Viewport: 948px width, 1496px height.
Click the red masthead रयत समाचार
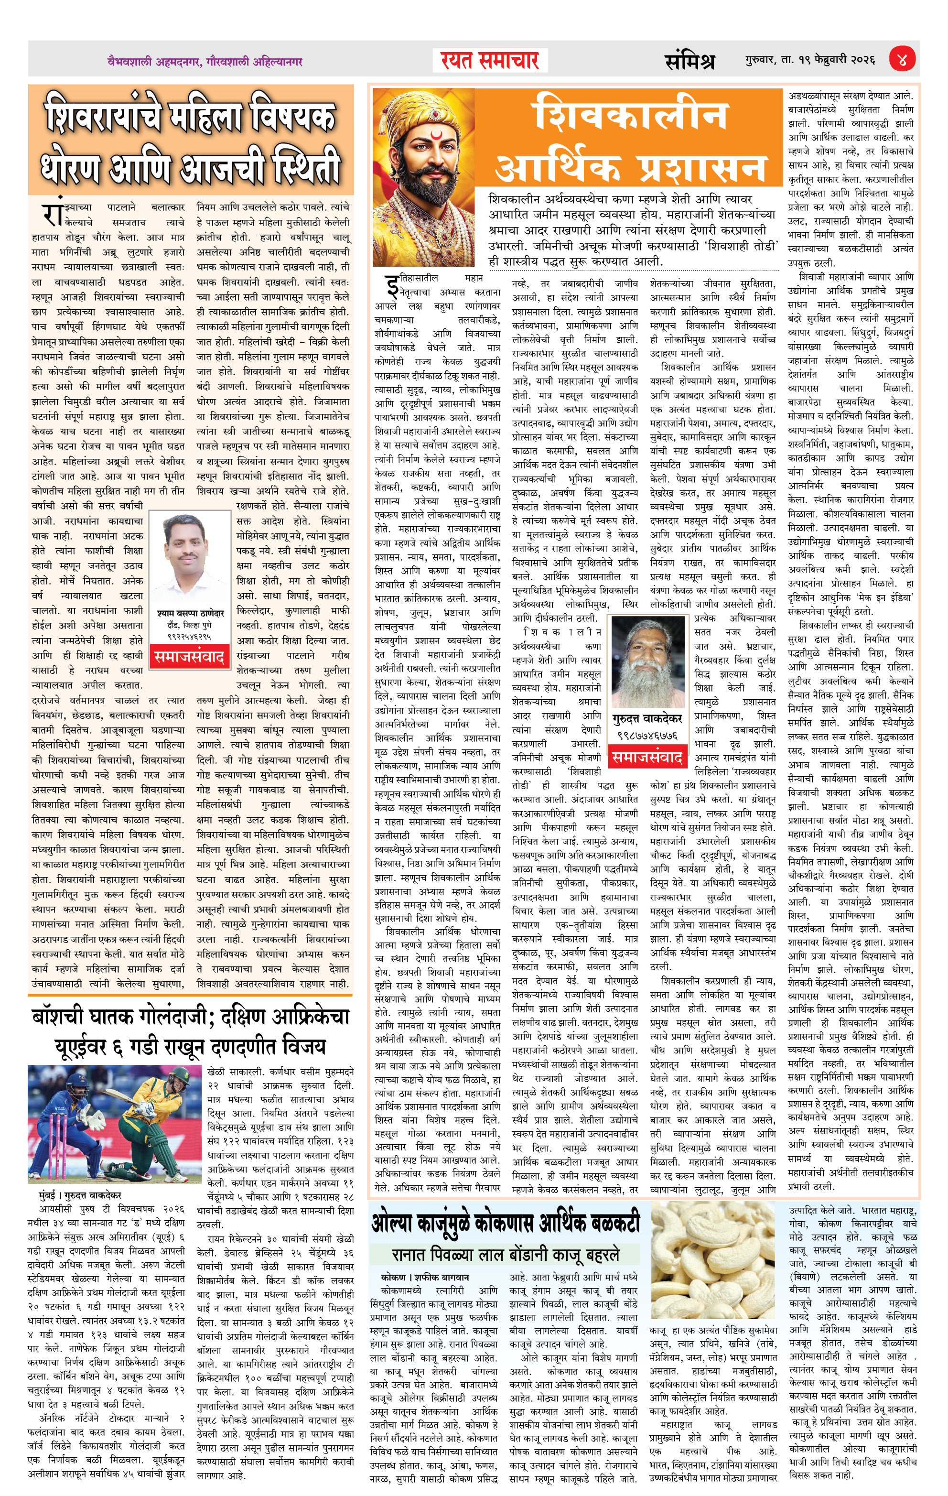click(490, 60)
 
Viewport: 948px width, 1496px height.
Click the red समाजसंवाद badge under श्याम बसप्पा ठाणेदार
click(189, 657)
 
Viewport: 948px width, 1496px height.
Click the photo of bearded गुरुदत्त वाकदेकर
click(646, 661)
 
